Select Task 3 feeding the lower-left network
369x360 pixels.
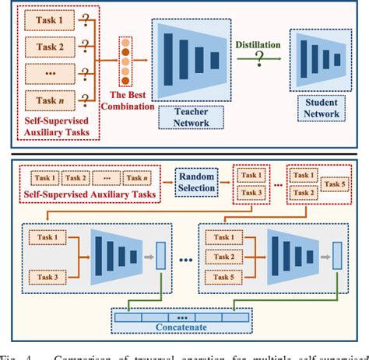tap(46, 275)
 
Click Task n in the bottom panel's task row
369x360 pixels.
tap(142, 178)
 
